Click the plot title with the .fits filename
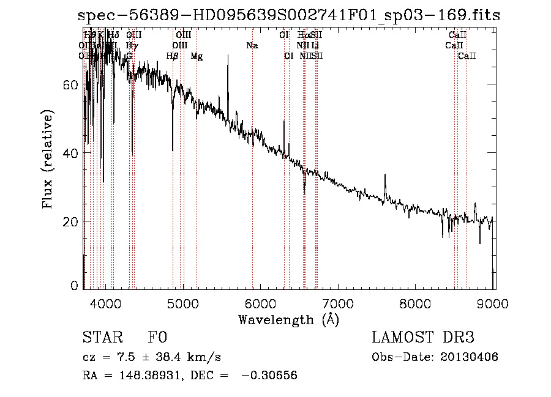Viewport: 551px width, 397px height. [x=289, y=16]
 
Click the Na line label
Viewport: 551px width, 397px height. [x=252, y=46]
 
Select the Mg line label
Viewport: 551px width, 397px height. [x=197, y=56]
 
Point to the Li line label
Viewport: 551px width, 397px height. [x=315, y=46]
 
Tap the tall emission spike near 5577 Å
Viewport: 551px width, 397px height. [x=228, y=58]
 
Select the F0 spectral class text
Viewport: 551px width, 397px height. [x=157, y=338]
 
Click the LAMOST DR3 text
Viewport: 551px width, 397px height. [x=423, y=338]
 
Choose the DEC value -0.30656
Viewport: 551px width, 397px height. [x=269, y=376]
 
